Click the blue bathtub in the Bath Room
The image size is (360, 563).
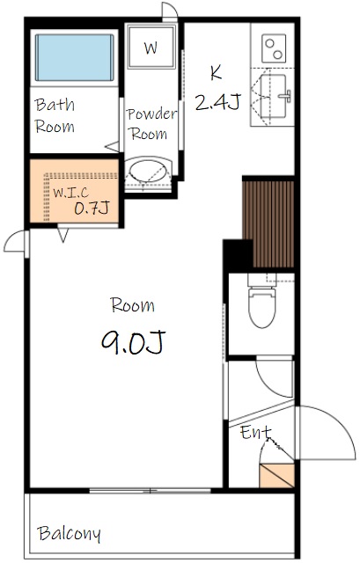tap(74, 57)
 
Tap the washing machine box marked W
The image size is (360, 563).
tap(151, 47)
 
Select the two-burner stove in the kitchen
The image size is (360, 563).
tap(274, 48)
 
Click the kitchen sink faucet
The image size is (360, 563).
tap(285, 96)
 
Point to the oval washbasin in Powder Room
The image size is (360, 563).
tap(148, 171)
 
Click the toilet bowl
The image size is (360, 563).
tap(262, 308)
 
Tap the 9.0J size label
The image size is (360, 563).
tap(133, 342)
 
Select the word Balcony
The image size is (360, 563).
tap(69, 534)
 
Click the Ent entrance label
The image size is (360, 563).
tap(255, 432)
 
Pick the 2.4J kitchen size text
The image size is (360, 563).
tap(217, 102)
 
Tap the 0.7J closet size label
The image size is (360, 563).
tap(92, 208)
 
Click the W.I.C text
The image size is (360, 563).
tap(71, 193)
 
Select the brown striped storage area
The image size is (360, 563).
tap(268, 224)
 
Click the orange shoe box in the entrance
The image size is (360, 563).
tap(276, 476)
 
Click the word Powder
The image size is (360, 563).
tap(151, 113)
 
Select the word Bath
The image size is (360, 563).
tap(55, 105)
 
